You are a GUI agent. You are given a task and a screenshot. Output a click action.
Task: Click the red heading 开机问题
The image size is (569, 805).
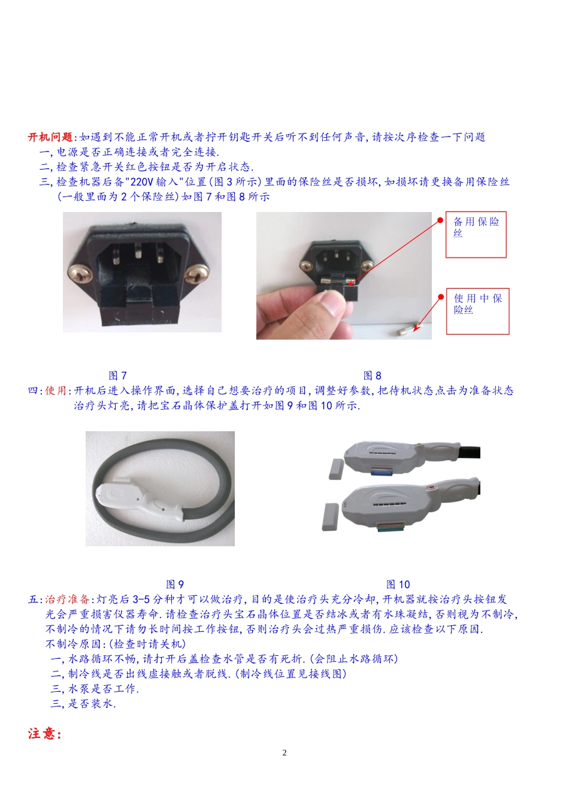point(50,137)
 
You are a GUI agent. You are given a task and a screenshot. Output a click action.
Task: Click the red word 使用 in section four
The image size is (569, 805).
point(56,391)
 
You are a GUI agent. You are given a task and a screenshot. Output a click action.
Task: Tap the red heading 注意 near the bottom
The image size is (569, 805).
point(44,734)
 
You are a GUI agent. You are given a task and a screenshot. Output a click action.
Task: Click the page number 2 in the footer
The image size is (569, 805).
point(284,753)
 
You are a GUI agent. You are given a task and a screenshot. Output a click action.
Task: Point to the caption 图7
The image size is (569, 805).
point(118,376)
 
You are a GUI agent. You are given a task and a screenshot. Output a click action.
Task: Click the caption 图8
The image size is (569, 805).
point(373,376)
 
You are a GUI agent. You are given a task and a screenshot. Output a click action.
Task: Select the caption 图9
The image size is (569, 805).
point(175,584)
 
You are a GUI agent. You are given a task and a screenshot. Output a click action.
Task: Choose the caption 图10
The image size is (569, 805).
point(398,584)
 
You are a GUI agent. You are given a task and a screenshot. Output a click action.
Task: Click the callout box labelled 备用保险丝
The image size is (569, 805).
point(476,234)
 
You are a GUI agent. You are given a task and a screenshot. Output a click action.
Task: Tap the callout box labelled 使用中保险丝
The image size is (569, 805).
point(477,311)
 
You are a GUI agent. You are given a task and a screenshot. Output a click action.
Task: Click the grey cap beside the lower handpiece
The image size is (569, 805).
point(330,517)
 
